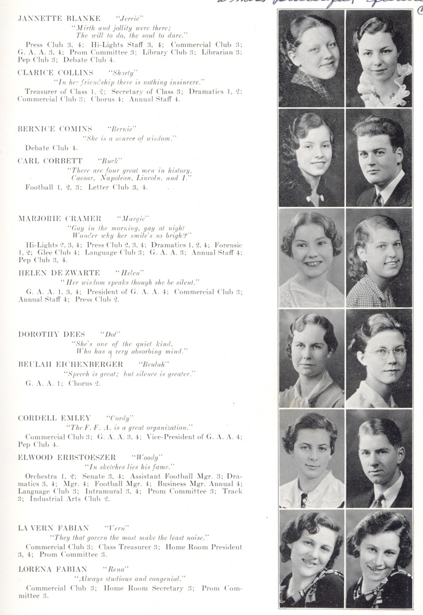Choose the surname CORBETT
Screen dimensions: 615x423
[x=68, y=161]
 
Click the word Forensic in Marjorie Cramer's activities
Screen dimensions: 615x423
[x=228, y=245]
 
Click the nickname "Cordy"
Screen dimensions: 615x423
[x=121, y=418]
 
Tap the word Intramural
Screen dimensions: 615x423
[x=104, y=491]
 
